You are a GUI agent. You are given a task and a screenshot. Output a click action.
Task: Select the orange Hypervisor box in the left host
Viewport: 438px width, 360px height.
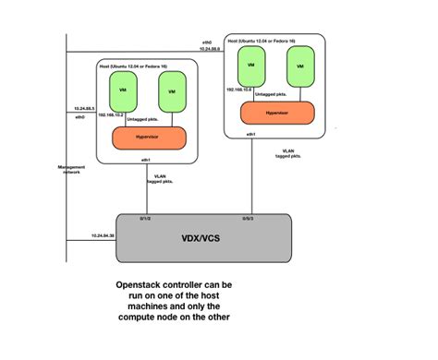click(149, 138)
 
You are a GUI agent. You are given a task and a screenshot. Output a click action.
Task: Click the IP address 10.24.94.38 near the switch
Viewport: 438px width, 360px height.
click(104, 237)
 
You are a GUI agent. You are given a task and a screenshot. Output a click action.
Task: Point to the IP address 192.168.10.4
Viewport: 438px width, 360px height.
click(239, 90)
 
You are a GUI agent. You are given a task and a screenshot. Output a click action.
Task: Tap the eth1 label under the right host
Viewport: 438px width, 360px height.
click(249, 135)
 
